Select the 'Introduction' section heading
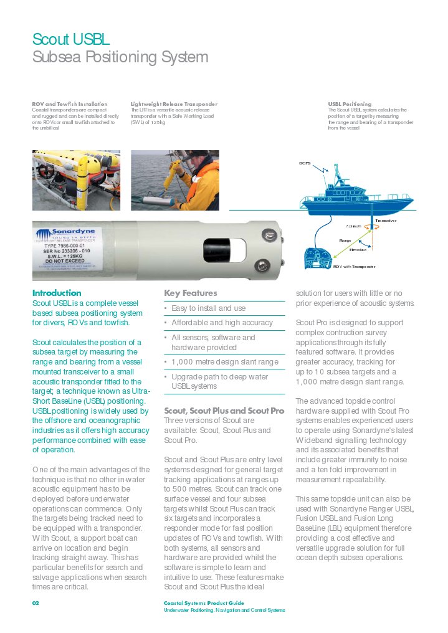57,293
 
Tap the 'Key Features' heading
191,293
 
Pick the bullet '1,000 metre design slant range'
224,362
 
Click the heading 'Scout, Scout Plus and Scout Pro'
224,411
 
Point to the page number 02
36,603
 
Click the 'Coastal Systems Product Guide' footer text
203,603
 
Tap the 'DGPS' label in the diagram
305,163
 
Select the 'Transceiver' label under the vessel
386,221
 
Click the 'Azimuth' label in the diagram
354,226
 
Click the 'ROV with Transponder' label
354,266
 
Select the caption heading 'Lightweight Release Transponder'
174,104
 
